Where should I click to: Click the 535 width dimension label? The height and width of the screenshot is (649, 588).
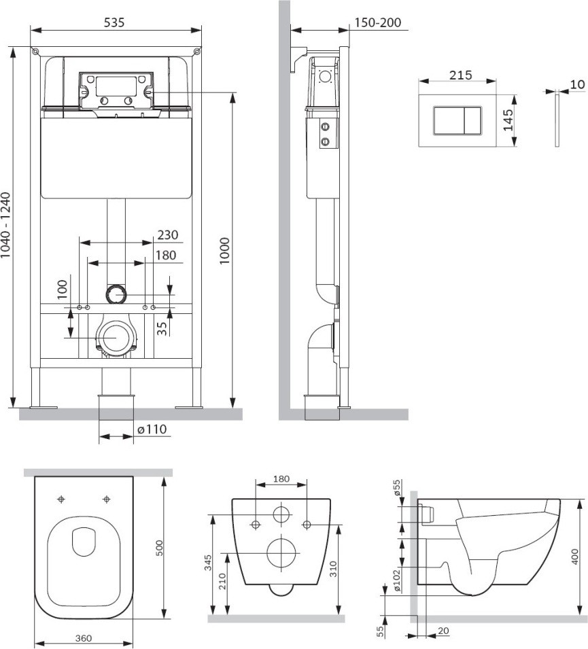click(114, 22)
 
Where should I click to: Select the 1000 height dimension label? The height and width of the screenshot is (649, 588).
click(224, 251)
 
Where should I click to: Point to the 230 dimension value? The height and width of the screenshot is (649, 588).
click(168, 234)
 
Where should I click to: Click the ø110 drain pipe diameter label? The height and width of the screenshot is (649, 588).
click(152, 429)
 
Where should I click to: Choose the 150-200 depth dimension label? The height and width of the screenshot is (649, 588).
click(378, 22)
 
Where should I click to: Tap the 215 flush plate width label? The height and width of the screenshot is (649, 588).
click(461, 75)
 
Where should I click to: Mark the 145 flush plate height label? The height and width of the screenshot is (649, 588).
click(508, 120)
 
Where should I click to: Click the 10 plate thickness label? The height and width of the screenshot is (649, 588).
click(578, 84)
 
